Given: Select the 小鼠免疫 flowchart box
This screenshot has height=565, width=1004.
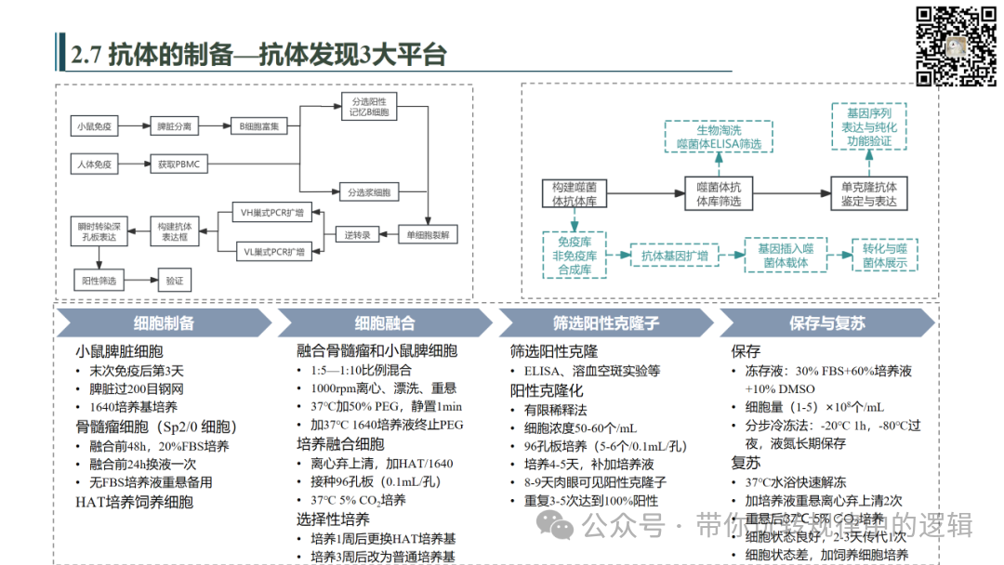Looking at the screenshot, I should (x=95, y=125).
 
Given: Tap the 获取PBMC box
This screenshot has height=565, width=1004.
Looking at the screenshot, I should (x=178, y=164).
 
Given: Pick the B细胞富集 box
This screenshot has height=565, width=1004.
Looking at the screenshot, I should (x=259, y=125).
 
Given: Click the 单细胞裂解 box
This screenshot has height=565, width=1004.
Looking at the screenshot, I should (x=428, y=235).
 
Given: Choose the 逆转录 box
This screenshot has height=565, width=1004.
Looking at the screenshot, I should (x=357, y=235).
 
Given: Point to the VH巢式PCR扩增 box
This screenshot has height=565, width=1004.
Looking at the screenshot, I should (x=272, y=213).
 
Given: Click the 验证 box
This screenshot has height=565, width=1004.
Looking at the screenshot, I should (x=174, y=280).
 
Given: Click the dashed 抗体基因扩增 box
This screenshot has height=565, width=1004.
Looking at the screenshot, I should (x=675, y=256).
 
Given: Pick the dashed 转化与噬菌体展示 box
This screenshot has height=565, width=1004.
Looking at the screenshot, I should (x=884, y=256).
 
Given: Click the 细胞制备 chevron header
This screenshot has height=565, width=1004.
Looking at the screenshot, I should (x=164, y=323).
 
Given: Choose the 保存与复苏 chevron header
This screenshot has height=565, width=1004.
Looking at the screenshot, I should (x=826, y=323).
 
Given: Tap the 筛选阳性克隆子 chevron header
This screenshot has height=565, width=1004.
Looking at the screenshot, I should (x=605, y=323).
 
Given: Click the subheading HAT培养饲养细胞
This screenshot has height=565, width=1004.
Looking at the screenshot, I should (x=134, y=502).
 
